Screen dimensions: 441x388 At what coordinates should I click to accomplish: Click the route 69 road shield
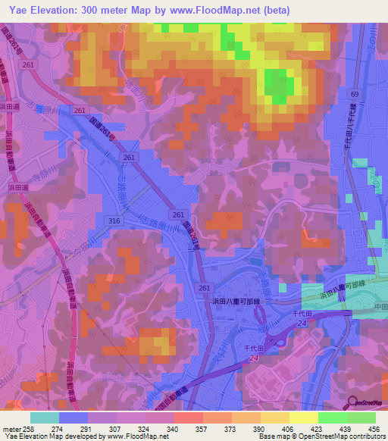point(354,92)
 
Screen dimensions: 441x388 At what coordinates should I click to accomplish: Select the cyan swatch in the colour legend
point(45,418)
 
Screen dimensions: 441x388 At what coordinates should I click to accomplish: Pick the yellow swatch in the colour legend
point(303,418)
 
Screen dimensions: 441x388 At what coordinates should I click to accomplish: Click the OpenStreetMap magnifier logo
point(352,402)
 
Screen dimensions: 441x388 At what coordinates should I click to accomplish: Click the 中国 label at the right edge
point(379,309)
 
